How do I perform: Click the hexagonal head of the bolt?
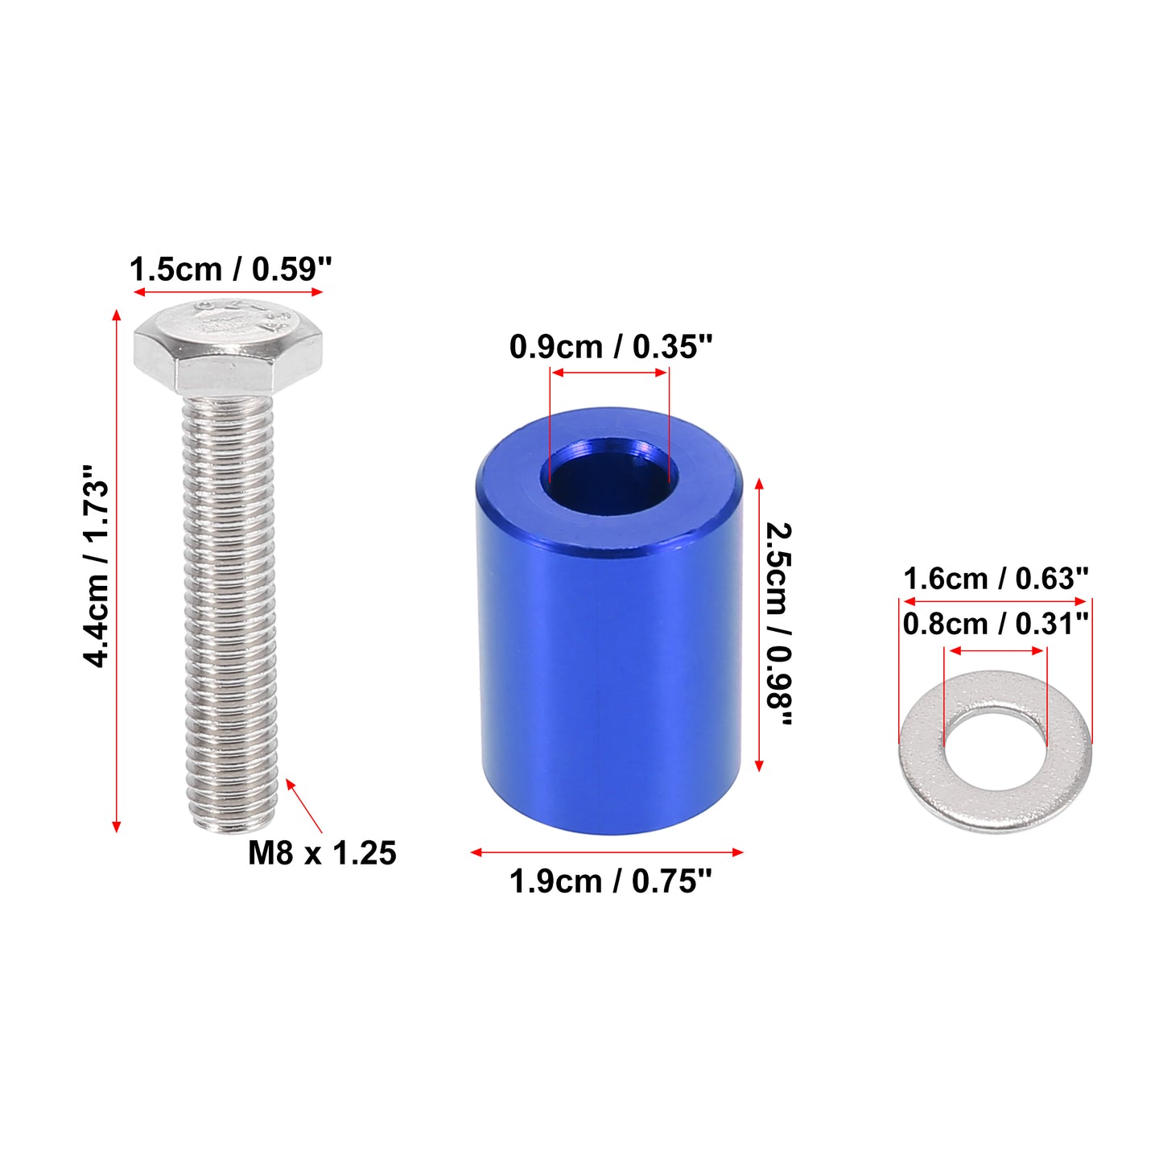[x=228, y=348]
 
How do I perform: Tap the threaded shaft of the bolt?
[x=229, y=613]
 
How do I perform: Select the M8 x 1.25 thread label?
[x=323, y=853]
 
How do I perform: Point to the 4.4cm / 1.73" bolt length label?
[x=97, y=565]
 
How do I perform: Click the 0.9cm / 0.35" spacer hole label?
[x=611, y=347]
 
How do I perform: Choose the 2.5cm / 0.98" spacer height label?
[x=780, y=624]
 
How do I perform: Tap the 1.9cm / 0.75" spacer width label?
[x=610, y=882]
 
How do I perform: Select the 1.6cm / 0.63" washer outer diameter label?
[x=996, y=579]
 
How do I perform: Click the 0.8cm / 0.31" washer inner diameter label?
[x=996, y=624]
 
